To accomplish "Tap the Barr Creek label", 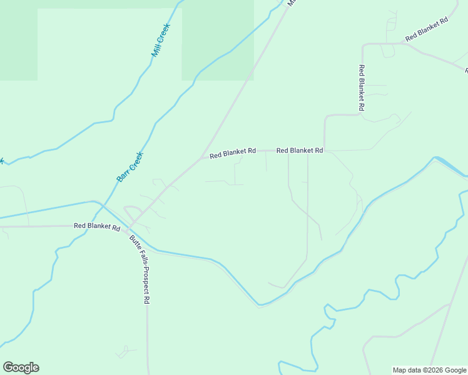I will (130, 167).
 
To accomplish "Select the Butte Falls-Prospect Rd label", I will (139, 269).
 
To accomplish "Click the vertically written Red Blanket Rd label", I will (362, 88).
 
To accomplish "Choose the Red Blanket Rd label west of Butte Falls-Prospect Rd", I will (97, 226).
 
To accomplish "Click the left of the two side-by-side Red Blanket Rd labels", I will (233, 152).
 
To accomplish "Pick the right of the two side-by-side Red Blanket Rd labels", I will (300, 151).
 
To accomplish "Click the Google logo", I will (21, 367).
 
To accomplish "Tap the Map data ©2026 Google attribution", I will (430, 370).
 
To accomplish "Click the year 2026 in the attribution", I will (434, 370).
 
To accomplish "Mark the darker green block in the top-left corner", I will (18, 40).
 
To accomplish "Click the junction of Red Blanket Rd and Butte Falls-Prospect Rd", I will (130, 226).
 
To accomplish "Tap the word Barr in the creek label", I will (123, 176).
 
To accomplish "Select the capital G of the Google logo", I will (8, 367).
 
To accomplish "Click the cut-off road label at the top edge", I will (290, 3).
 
